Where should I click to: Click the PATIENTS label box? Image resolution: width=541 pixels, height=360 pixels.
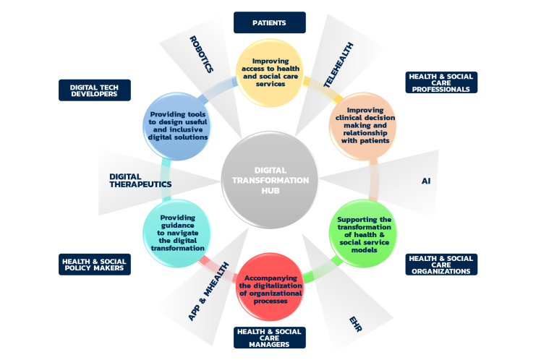(x=269, y=22)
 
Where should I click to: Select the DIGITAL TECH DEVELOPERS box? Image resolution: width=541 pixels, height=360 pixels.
(x=94, y=89)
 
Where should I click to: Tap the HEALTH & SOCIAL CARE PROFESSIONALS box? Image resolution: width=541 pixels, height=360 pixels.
(x=441, y=82)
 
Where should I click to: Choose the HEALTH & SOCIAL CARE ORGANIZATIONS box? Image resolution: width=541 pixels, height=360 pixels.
(x=441, y=265)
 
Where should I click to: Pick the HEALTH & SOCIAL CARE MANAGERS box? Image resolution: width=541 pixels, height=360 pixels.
(x=269, y=338)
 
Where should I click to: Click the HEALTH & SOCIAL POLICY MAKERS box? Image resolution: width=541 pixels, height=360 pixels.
(x=94, y=264)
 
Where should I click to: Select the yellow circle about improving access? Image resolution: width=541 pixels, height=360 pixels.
(x=269, y=72)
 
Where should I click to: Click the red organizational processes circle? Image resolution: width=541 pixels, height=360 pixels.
(x=269, y=288)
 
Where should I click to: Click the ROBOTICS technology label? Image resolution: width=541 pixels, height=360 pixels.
(x=201, y=55)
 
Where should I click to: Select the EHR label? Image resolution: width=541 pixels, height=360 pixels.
(x=355, y=322)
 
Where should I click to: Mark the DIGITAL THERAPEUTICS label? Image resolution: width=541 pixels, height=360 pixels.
(x=140, y=180)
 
